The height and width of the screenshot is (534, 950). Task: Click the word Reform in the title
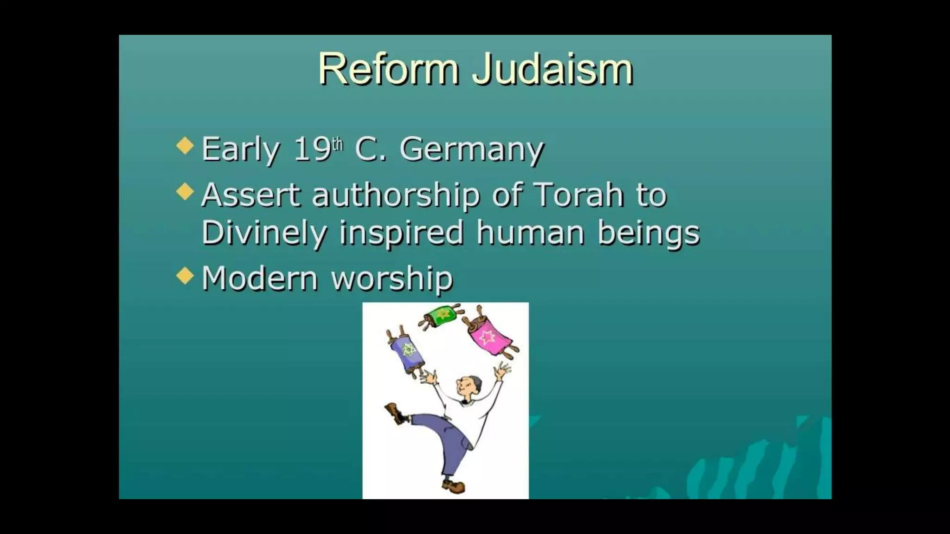[x=389, y=70]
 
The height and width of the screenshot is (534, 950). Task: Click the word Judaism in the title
[x=552, y=70]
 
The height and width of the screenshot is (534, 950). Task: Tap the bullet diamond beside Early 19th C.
[x=185, y=146]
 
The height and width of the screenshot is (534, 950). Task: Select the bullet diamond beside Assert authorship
[x=185, y=191]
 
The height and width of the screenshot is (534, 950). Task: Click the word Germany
[x=471, y=150]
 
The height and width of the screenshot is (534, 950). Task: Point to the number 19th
[x=318, y=149]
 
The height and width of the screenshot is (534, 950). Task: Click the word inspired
[x=401, y=233]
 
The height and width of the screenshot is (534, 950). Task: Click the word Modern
[x=260, y=279]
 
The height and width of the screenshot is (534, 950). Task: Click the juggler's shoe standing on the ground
[x=454, y=486]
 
